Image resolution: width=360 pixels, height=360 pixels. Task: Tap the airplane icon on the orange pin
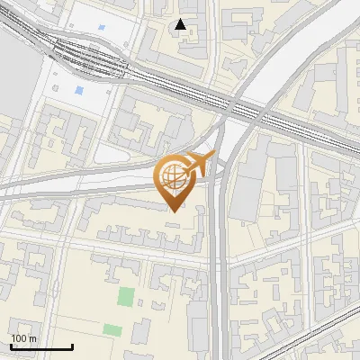click(197, 164)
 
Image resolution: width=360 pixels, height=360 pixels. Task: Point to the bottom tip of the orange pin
click(174, 210)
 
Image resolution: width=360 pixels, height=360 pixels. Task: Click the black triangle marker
click(181, 24)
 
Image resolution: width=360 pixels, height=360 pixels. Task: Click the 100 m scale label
click(23, 338)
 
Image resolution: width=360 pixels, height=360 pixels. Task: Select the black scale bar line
click(41, 346)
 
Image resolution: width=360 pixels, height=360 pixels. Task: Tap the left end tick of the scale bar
click(11, 345)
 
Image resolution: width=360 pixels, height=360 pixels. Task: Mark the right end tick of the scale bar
click(72, 345)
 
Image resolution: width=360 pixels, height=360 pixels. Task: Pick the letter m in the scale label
click(32, 338)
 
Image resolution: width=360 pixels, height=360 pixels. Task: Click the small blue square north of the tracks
click(101, 27)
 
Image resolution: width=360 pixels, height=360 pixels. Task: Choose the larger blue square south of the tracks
click(79, 91)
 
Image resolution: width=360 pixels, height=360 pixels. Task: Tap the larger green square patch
click(126, 296)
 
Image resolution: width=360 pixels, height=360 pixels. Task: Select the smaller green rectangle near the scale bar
click(112, 329)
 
